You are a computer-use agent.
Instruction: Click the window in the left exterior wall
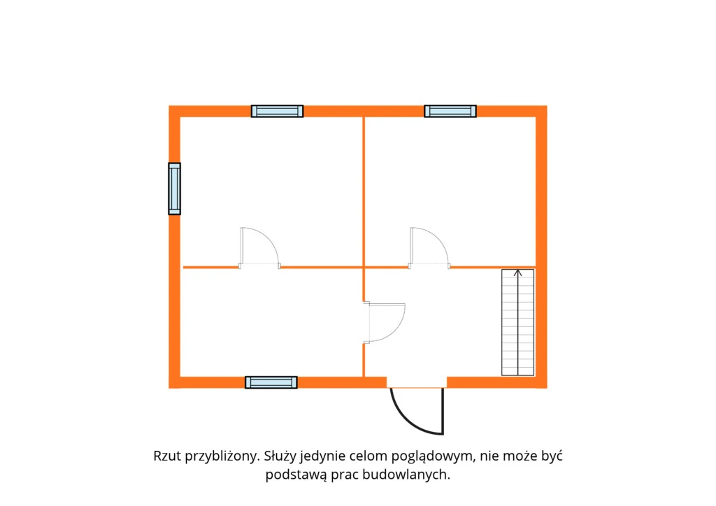[x=174, y=189]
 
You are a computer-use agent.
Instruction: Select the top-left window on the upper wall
[x=277, y=111]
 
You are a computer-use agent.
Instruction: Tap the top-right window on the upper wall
[x=450, y=111]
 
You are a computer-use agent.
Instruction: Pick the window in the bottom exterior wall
[x=271, y=382]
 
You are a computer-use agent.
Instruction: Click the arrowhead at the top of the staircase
[x=518, y=273]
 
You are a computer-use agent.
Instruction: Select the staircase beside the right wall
[x=518, y=323]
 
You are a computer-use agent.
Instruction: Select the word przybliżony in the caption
[x=222, y=456]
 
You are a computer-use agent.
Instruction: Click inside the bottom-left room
[x=271, y=322]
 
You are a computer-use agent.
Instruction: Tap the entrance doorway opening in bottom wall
[x=417, y=382]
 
